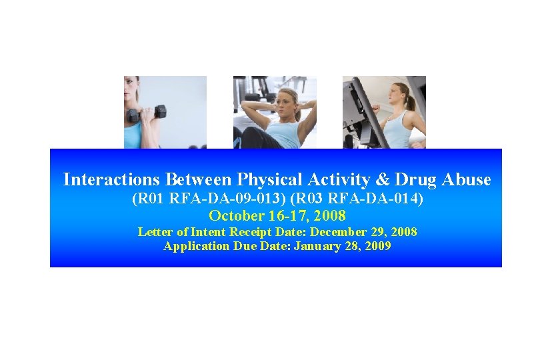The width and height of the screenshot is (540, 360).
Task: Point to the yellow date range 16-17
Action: click(285, 215)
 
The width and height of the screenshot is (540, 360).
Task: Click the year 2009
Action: click(377, 246)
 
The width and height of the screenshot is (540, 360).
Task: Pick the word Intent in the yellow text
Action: click(207, 232)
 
